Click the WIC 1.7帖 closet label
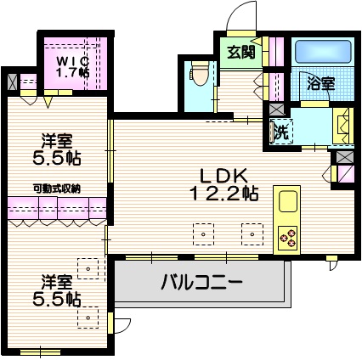[x=72, y=67]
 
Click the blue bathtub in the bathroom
[x=321, y=53]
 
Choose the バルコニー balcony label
[x=202, y=282]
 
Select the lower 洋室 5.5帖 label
[x=58, y=290]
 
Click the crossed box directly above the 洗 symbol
[x=276, y=110]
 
